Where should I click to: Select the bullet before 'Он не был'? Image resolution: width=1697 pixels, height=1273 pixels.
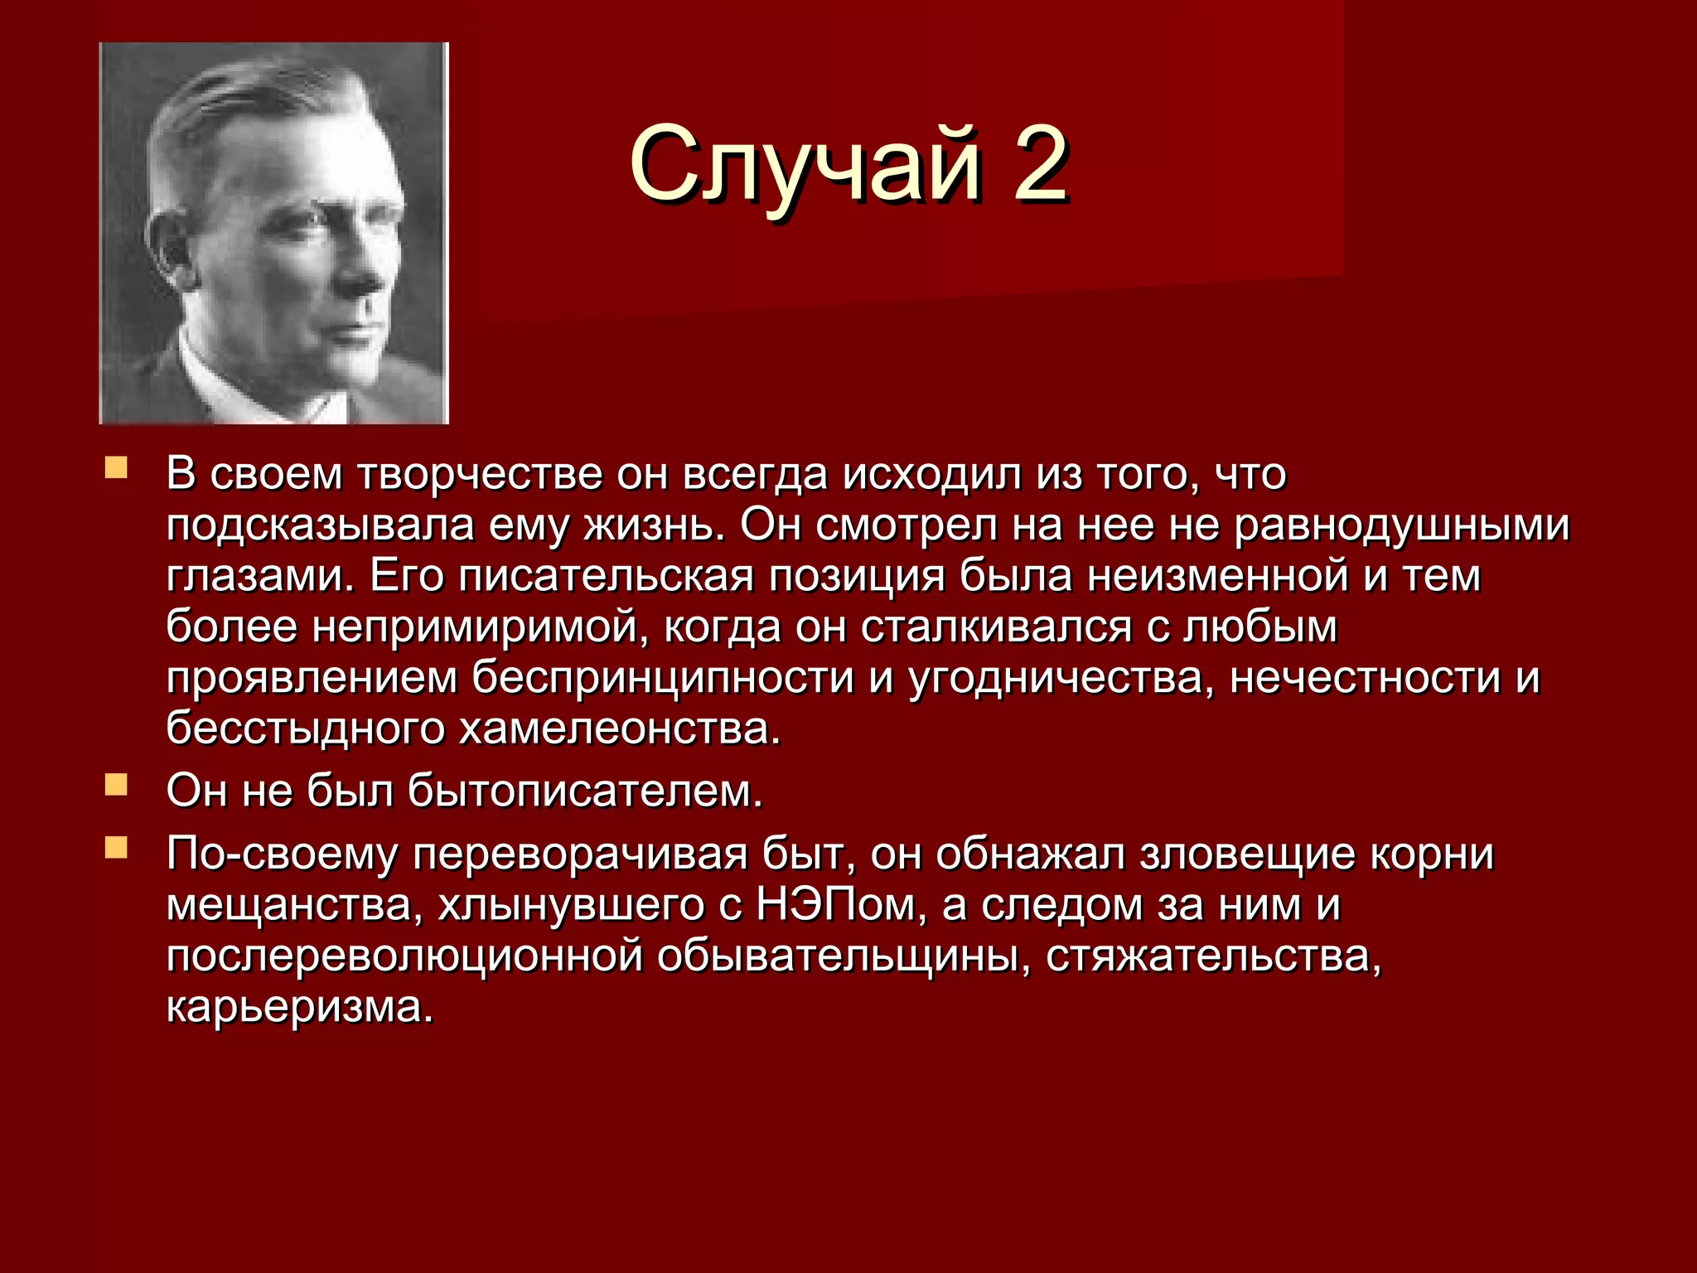coord(116,783)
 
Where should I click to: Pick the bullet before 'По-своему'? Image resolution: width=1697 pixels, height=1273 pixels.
coord(116,847)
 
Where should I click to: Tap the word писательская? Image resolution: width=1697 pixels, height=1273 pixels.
coord(606,577)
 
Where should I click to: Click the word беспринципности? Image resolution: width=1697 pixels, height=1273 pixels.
coord(663,678)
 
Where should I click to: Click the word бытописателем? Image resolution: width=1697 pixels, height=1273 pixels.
coord(584,791)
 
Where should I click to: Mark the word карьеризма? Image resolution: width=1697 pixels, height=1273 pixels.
coord(300,1007)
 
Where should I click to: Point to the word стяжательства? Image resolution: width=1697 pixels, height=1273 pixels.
coord(1213,956)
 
